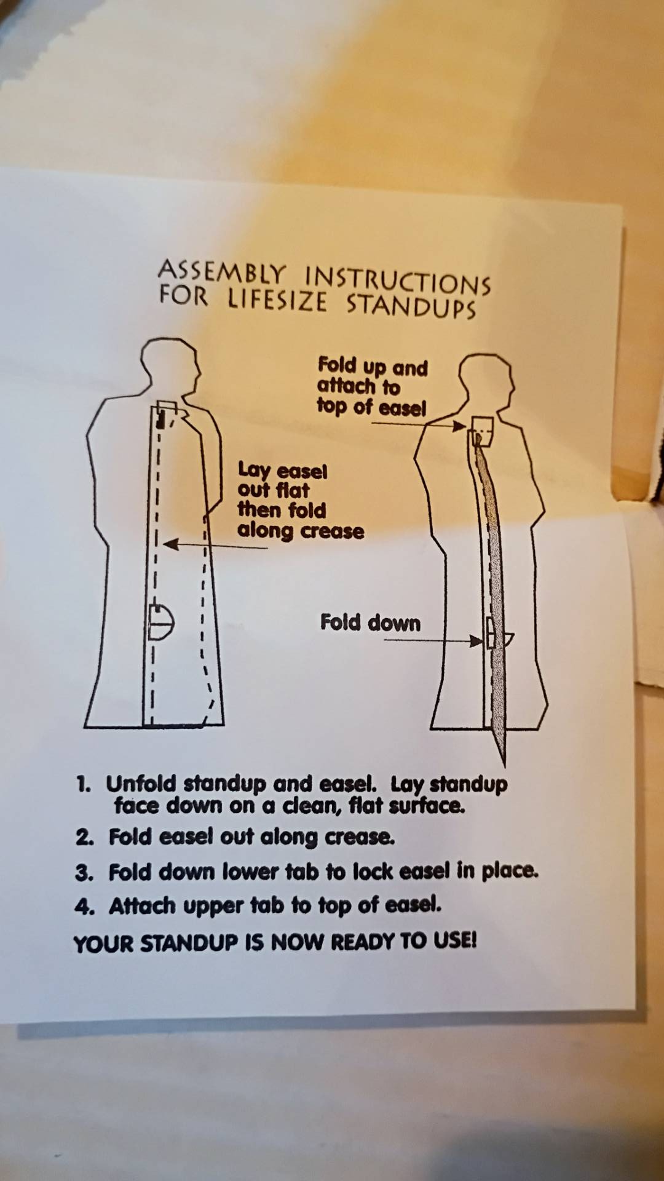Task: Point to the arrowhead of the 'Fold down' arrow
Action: (476, 641)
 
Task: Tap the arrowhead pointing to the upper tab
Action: (459, 426)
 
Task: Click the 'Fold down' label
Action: (370, 622)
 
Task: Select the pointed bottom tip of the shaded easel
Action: (504, 766)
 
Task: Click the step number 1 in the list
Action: (84, 784)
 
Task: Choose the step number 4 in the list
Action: (84, 907)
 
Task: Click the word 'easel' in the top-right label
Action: (403, 408)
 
